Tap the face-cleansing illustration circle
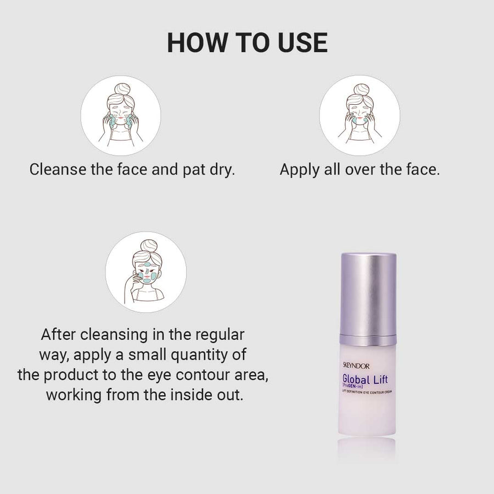[121, 115]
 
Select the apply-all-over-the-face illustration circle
[360, 115]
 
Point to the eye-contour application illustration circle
[146, 272]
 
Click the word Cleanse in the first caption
[58, 170]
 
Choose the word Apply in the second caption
[300, 170]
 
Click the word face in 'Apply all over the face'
[423, 170]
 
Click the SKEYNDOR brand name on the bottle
[356, 366]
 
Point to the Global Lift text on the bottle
[365, 379]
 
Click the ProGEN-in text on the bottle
[352, 386]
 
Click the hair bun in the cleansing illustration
[122, 89]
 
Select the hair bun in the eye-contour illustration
[149, 245]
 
